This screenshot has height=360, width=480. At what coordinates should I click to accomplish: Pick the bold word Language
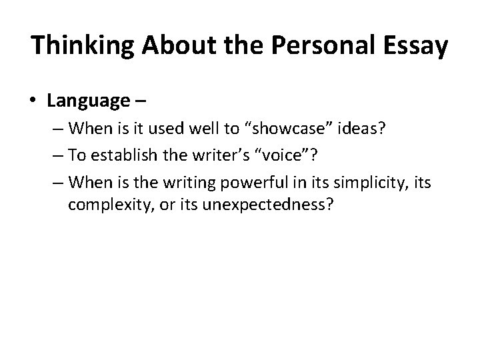[x=88, y=101]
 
